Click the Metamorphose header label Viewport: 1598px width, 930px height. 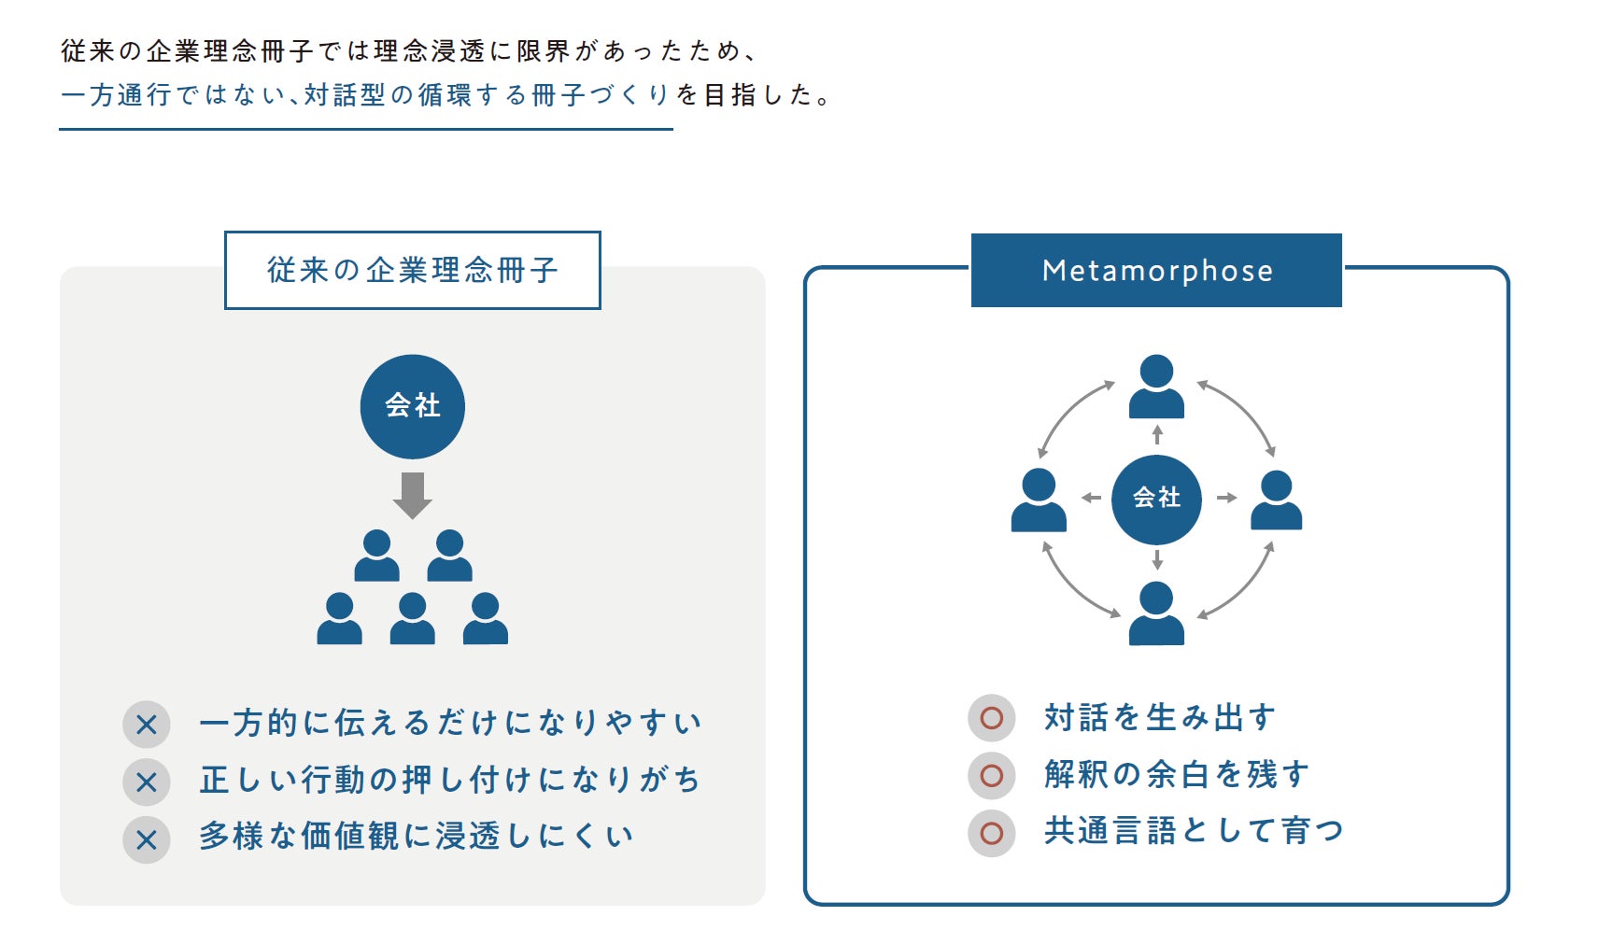[x=1156, y=270]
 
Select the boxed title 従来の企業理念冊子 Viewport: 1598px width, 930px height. [x=412, y=270]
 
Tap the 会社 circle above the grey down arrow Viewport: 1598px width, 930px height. [x=412, y=406]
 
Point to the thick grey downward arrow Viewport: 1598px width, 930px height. [x=412, y=495]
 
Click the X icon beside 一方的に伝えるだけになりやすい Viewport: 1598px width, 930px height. [x=147, y=725]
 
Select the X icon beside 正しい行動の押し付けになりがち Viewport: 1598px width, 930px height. [x=147, y=782]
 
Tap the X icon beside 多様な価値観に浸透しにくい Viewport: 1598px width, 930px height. [x=147, y=839]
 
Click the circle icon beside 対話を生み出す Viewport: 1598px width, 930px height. [x=992, y=717]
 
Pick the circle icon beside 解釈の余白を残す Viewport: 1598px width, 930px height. [x=992, y=775]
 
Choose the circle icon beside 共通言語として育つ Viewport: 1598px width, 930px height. [x=992, y=833]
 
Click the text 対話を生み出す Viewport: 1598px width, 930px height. [x=1160, y=717]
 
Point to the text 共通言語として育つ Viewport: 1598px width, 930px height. [x=1194, y=832]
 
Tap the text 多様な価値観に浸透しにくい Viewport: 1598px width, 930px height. [x=416, y=836]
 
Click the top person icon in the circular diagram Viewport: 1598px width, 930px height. [x=1156, y=387]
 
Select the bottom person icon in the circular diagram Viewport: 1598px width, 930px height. [x=1156, y=613]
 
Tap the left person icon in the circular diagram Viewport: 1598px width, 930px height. [x=1039, y=500]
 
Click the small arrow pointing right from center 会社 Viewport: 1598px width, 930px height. [x=1227, y=497]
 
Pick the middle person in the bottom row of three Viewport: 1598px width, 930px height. [x=412, y=618]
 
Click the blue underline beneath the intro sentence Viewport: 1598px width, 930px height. [x=366, y=129]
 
